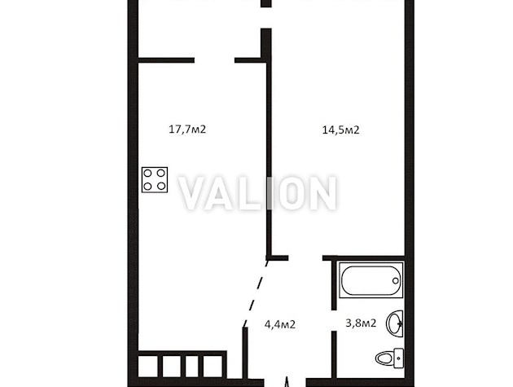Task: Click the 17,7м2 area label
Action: (187, 130)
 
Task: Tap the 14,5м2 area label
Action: (340, 130)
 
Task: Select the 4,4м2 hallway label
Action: (280, 324)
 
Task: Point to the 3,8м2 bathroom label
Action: (361, 323)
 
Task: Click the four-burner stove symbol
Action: (155, 180)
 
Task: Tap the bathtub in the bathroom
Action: (371, 280)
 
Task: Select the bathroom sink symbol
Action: (395, 323)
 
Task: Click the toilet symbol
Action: (390, 358)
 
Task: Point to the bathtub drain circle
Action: (396, 280)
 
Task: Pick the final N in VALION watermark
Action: (322, 193)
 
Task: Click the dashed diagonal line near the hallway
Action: (256, 292)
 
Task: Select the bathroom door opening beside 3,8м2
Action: (334, 320)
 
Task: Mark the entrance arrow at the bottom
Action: (287, 382)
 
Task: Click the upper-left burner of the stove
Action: (148, 174)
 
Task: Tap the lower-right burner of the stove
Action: (161, 187)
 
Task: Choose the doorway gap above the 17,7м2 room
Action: (215, 60)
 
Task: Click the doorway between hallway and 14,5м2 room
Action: (305, 258)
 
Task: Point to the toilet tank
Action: (399, 358)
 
